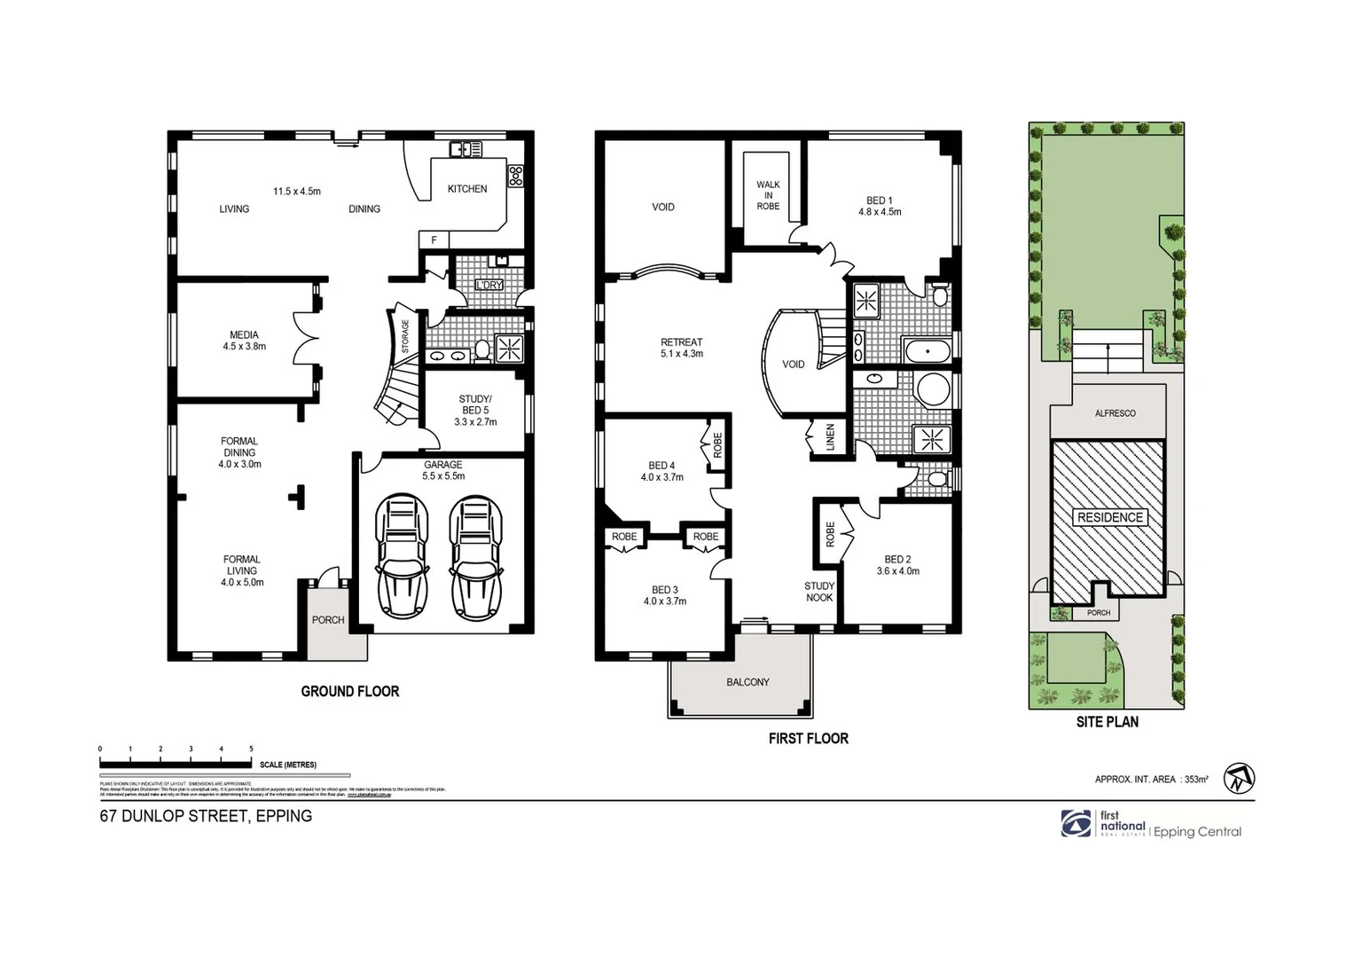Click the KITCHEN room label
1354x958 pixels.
click(x=466, y=189)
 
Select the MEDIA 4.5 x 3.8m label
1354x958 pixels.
click(x=244, y=341)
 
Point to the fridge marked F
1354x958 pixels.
click(x=434, y=240)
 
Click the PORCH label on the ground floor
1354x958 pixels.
click(x=328, y=620)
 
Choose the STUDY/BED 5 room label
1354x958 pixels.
click(x=475, y=404)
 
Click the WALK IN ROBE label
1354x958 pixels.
click(x=768, y=196)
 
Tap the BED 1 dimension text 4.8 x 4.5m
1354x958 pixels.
click(x=880, y=212)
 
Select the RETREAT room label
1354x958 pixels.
click(x=681, y=342)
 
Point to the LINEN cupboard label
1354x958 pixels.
click(x=830, y=437)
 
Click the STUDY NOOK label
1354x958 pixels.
click(x=819, y=592)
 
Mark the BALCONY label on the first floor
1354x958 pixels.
click(x=747, y=682)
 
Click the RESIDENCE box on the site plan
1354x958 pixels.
click(x=1109, y=517)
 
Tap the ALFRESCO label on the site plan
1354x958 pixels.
click(x=1115, y=413)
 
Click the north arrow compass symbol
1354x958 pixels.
click(x=1239, y=779)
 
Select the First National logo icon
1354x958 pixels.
click(x=1076, y=823)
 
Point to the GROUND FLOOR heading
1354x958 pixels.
click(x=350, y=691)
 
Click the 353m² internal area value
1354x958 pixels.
click(x=1195, y=780)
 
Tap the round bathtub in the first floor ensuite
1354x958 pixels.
click(x=932, y=389)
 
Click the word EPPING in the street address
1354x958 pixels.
click(x=284, y=816)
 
